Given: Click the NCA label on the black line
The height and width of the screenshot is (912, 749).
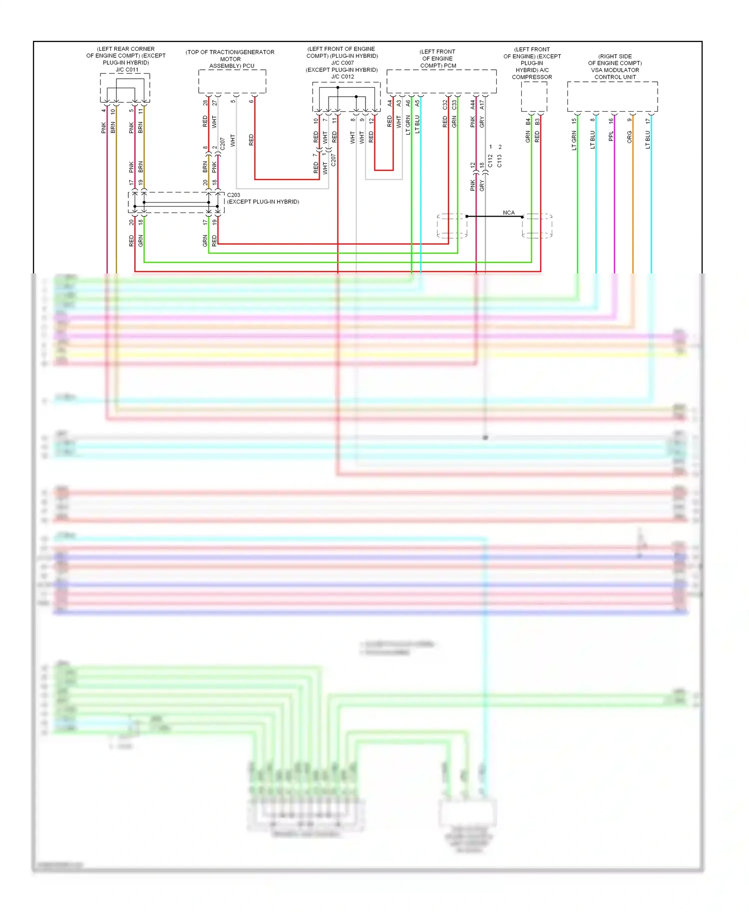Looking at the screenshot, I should pos(508,213).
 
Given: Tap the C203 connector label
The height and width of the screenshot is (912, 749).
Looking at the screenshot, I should pos(233,195).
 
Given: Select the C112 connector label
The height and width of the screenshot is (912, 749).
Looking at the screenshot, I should pos(490,161).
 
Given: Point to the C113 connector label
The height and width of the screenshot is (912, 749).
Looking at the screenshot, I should pos(499,161).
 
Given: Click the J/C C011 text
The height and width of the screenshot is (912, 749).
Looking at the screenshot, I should pos(127,70).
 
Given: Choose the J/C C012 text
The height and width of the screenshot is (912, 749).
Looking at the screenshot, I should pos(342,76).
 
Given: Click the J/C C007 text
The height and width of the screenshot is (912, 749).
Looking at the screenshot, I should pos(342,63).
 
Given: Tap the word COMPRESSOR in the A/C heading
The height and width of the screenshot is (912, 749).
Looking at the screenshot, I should pos(532,77).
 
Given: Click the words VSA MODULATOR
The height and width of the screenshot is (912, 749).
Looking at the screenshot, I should pos(615,70).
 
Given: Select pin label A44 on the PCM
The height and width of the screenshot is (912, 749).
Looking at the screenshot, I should pos(472,105).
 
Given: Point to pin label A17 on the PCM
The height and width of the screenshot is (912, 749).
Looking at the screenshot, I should pos(482,105).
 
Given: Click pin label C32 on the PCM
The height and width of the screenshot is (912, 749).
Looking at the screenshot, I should pos(445,105).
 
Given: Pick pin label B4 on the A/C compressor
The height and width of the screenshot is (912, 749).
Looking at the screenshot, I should pos(528,121).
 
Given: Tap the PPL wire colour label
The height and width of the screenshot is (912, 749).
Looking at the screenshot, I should pos(611,136).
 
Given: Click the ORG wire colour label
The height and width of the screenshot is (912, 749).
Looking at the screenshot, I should pos(629,137).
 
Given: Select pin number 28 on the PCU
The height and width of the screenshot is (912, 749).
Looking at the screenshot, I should pos(205,103).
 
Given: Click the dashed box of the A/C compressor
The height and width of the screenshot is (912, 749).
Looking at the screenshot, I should pos(534,96).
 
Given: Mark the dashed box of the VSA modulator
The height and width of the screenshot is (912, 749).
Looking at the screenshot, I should pos(612,96).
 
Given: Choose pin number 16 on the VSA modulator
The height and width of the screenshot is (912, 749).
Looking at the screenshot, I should pos(611,120).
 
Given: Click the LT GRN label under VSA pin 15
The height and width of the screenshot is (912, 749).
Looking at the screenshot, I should pos(574,140).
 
